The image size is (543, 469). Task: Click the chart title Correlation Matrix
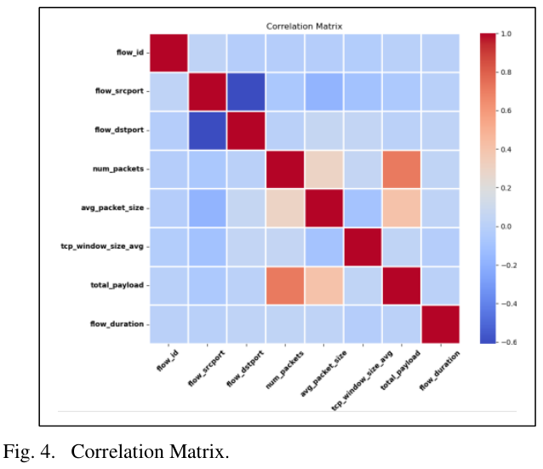(x=305, y=26)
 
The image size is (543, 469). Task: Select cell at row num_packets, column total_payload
(x=402, y=169)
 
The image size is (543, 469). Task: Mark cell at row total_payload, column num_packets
(x=285, y=285)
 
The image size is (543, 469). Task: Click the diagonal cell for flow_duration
(x=440, y=324)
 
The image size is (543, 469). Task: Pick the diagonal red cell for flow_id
(x=169, y=54)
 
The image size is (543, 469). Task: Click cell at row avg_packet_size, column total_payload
(x=402, y=209)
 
